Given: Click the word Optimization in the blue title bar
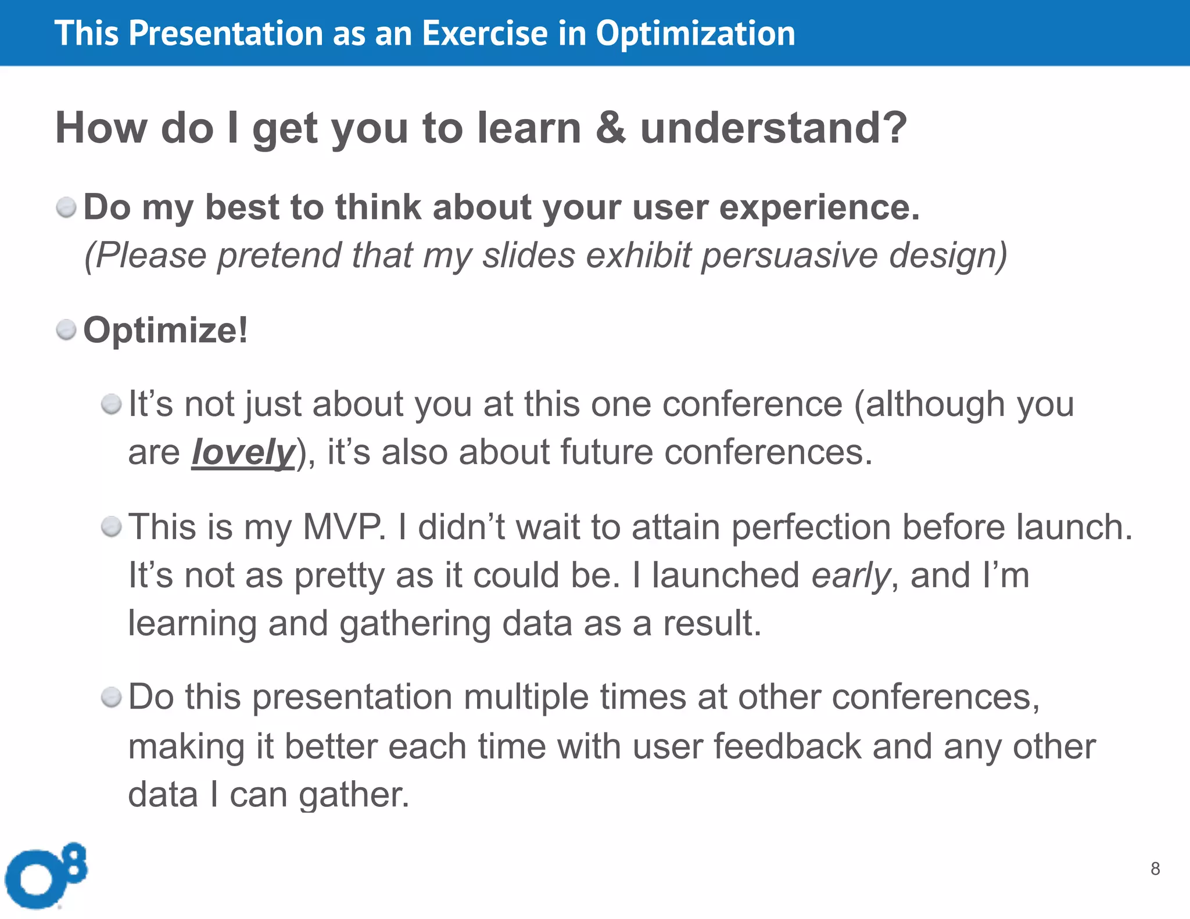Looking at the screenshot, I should (x=696, y=34).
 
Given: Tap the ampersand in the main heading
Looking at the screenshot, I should (x=610, y=128).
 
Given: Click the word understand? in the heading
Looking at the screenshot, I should (x=773, y=128).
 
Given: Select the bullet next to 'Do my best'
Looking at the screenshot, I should (x=66, y=207).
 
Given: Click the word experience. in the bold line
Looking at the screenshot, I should (x=819, y=207).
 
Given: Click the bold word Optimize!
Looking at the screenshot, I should (x=166, y=331).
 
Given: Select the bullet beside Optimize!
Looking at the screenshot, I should (x=66, y=330).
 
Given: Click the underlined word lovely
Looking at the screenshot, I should (x=243, y=453).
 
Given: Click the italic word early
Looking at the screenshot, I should (x=850, y=576).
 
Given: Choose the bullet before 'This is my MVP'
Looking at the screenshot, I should (x=111, y=527).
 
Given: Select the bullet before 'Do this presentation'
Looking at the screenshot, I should (x=111, y=697).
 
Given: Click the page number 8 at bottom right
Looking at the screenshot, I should (x=1155, y=868).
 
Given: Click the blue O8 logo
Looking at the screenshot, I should (x=45, y=875).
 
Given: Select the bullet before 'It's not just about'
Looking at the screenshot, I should (x=111, y=404).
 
